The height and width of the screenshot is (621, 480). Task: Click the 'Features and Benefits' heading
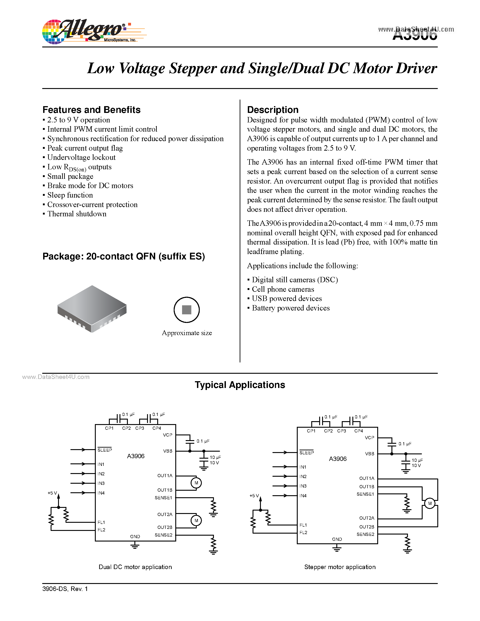tap(91, 110)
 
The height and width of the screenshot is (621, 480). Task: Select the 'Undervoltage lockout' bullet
tap(81, 158)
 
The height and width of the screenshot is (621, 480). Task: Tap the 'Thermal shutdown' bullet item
tap(77, 214)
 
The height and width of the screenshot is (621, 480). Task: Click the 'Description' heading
tap(272, 110)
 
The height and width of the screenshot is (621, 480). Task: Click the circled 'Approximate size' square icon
tap(187, 310)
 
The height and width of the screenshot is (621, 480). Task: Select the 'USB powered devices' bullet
tap(287, 299)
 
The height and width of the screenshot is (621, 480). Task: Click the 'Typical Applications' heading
tap(240, 385)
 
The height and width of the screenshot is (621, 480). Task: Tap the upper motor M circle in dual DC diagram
tap(196, 483)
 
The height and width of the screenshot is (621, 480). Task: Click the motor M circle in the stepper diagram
tap(430, 503)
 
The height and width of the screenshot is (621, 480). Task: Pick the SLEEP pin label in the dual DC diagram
tap(105, 450)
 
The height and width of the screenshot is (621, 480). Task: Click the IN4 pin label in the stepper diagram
tap(303, 496)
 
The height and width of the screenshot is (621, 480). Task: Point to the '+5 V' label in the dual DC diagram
tap(52, 493)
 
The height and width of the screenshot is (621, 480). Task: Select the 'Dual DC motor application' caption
tap(135, 567)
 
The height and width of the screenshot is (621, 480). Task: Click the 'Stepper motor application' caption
tap(340, 567)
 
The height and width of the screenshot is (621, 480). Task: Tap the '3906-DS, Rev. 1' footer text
tap(65, 589)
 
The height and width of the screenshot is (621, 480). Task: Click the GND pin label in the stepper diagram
tap(337, 539)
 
